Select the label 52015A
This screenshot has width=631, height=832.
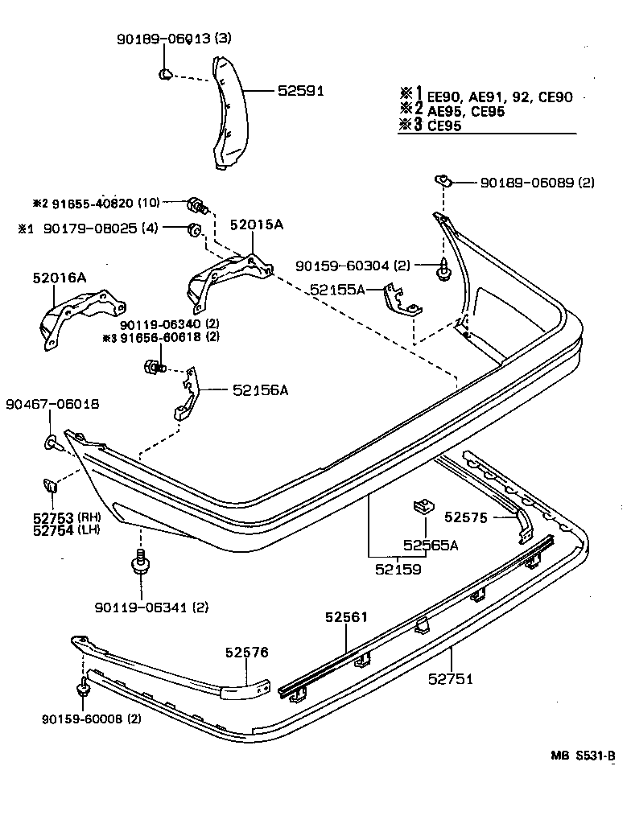257,226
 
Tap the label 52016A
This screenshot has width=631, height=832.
59,278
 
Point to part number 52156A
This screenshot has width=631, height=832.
260,390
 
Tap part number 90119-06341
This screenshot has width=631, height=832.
140,606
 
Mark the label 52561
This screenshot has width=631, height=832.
346,618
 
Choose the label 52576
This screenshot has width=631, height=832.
246,653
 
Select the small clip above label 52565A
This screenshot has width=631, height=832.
422,509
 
